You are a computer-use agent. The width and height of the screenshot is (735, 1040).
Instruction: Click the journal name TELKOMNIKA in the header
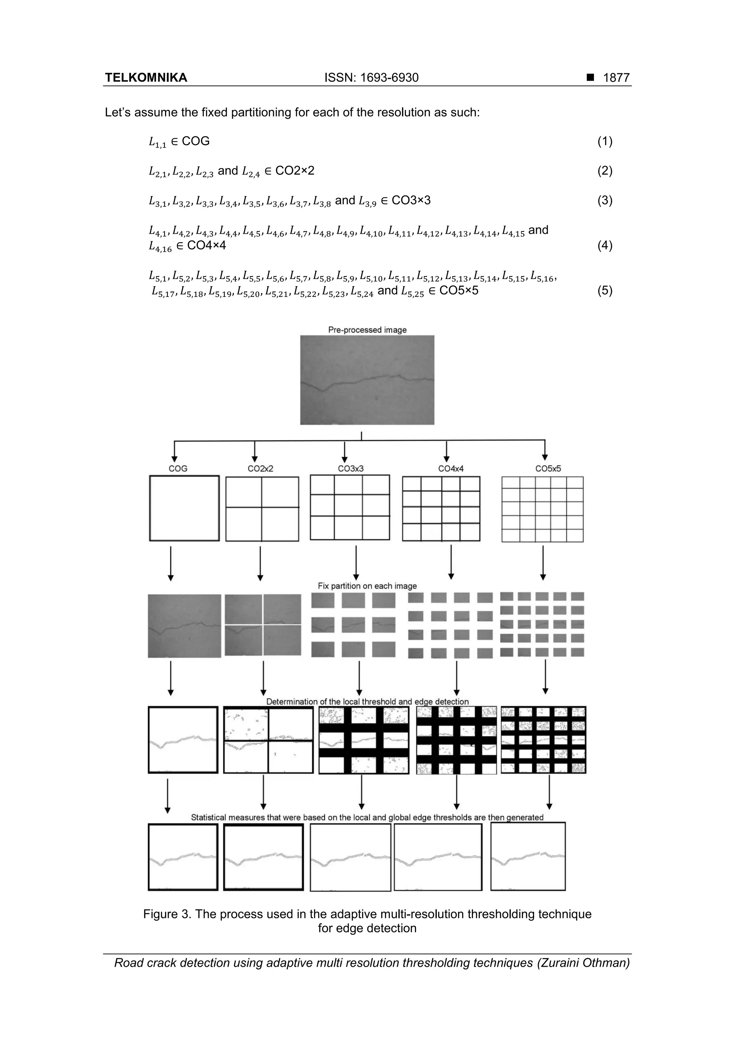(146, 78)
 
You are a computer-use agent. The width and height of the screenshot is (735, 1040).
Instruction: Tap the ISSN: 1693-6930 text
(371, 78)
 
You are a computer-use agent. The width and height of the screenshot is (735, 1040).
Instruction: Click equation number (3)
(605, 200)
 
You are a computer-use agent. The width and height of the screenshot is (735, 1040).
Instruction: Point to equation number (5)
(605, 290)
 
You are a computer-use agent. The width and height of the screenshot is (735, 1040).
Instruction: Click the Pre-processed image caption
(367, 330)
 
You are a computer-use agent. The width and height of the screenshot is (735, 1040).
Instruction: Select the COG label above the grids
(178, 468)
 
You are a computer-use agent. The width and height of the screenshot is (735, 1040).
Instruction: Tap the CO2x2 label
(261, 468)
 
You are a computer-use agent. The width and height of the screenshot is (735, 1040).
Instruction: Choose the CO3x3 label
(351, 468)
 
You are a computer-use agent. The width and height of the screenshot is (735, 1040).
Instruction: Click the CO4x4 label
(451, 468)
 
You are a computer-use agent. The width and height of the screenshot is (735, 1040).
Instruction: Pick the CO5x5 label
(548, 468)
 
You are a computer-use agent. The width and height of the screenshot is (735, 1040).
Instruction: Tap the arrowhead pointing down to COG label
(174, 459)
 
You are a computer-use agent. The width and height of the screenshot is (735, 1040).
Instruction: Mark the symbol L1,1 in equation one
(158, 142)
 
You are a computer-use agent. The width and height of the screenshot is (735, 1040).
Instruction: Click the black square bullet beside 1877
(590, 78)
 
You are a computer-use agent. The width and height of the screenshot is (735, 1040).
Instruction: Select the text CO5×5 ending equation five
(459, 290)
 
